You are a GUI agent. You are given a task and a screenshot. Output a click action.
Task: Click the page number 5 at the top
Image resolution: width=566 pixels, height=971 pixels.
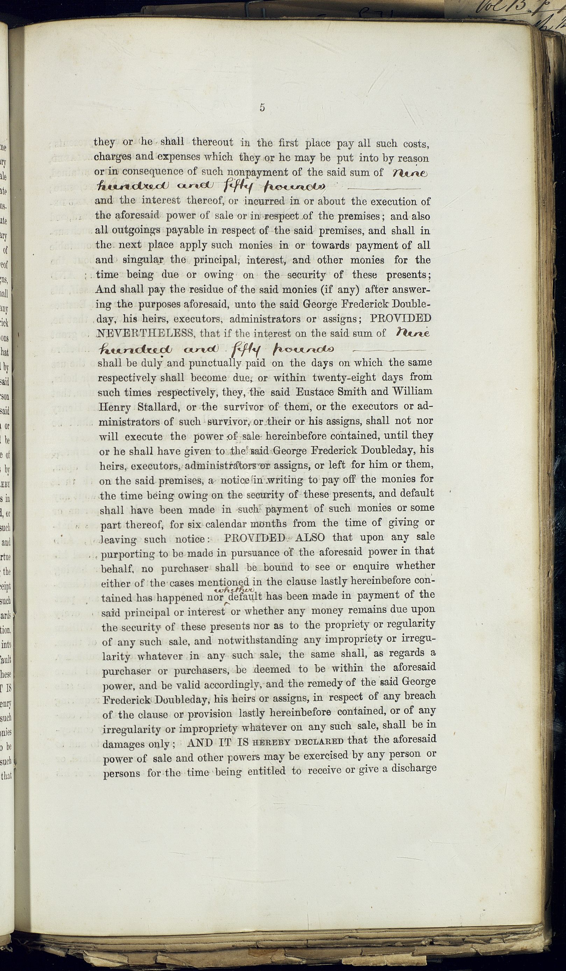click(262, 108)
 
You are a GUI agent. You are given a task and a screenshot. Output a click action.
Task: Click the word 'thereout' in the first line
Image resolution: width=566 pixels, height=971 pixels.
click(212, 142)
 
